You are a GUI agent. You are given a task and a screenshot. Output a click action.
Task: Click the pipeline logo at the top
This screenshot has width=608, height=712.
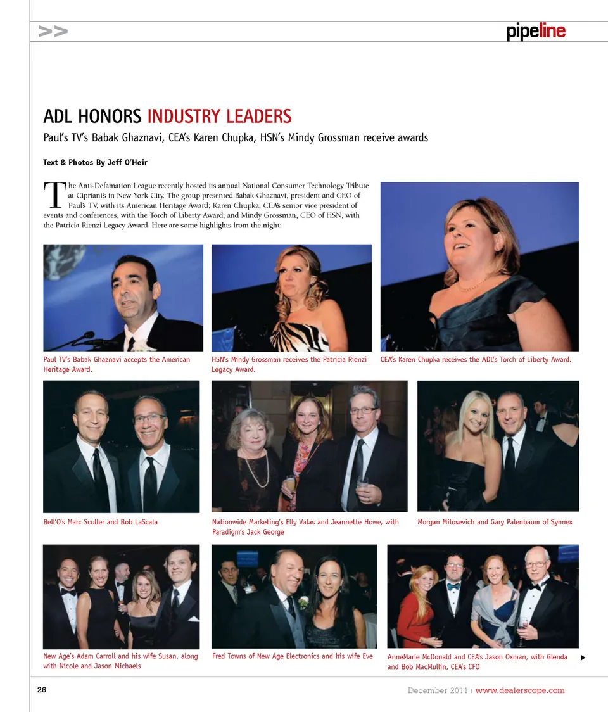click(536, 32)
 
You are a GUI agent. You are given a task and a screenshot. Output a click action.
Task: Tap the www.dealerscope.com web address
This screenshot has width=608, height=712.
click(519, 690)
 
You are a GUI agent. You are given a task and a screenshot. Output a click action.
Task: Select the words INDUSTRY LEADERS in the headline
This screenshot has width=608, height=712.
click(219, 117)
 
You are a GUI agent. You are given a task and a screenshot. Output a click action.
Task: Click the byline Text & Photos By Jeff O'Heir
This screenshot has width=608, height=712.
click(95, 163)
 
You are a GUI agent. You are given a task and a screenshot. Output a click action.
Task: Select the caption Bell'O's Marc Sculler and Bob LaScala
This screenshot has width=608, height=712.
click(100, 523)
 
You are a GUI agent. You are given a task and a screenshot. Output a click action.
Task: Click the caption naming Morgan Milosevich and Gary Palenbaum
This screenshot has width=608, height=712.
click(495, 523)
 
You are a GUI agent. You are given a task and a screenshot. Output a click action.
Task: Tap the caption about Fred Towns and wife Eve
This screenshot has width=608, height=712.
click(292, 656)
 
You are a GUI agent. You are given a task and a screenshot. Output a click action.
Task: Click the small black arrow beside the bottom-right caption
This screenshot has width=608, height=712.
click(583, 658)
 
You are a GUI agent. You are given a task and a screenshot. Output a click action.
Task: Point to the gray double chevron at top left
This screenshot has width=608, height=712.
click(53, 31)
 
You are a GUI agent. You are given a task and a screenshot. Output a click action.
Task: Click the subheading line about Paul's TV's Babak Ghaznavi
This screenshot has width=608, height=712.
click(235, 137)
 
